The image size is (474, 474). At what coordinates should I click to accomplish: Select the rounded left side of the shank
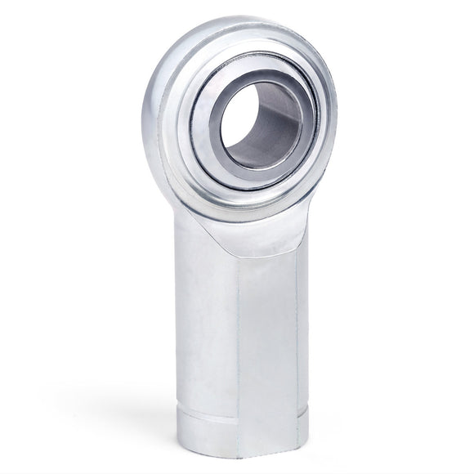(x=196, y=327)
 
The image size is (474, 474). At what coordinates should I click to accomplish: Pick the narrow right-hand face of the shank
(x=303, y=327)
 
